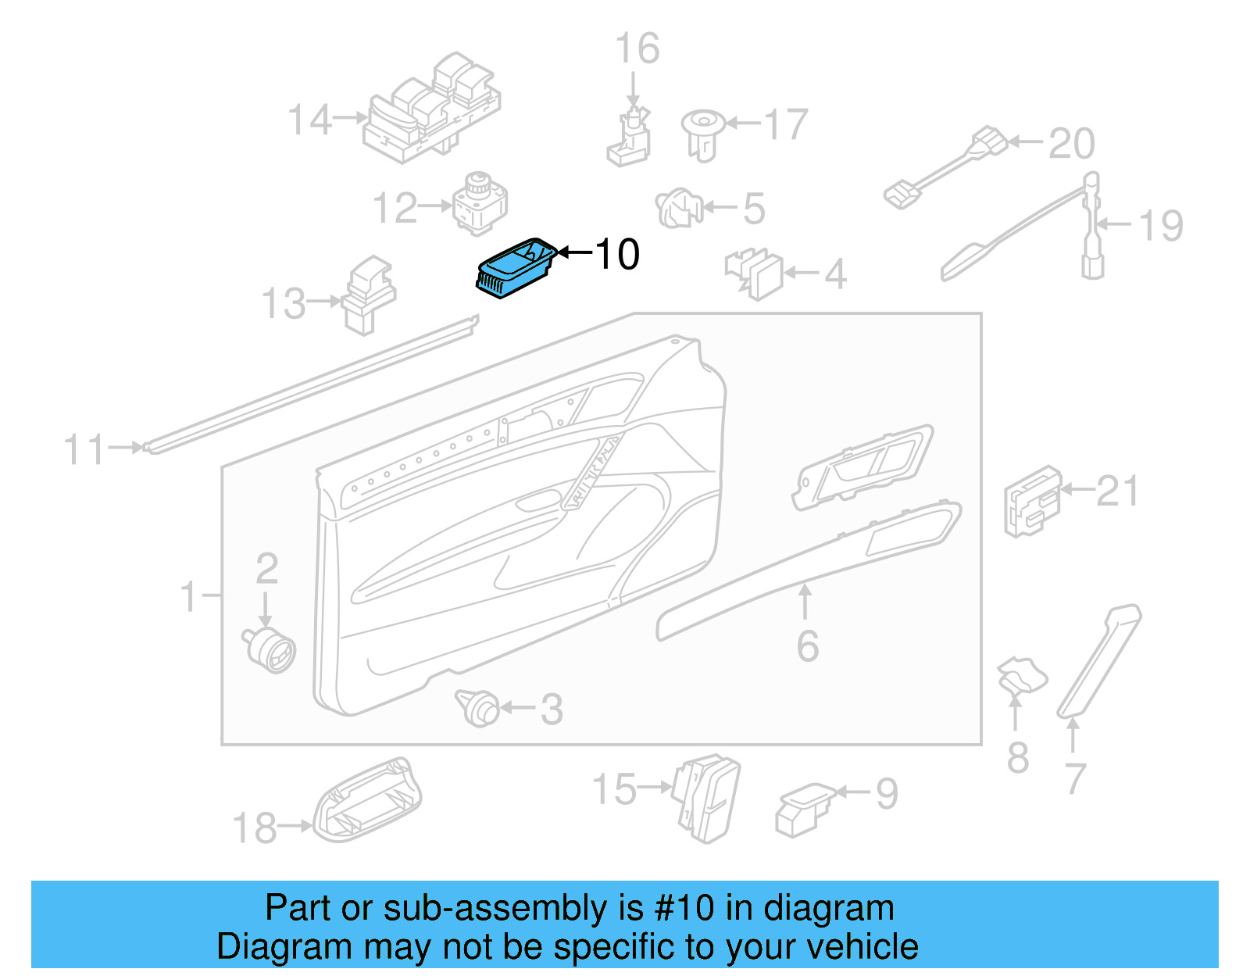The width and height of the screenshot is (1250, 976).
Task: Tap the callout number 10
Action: (617, 255)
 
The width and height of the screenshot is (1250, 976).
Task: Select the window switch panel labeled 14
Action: (431, 109)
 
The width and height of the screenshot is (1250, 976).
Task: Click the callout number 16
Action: (637, 48)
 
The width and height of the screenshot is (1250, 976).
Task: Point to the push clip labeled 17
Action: (702, 133)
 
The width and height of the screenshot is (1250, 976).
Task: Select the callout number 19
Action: (1160, 226)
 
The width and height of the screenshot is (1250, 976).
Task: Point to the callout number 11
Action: (84, 451)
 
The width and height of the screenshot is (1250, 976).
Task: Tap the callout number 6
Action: (808, 646)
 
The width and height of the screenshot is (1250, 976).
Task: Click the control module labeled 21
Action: (1032, 502)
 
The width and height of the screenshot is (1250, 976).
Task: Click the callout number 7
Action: (1075, 778)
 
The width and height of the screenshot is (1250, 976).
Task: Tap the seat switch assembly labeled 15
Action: (707, 798)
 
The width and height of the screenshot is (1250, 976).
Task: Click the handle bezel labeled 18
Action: (367, 801)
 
